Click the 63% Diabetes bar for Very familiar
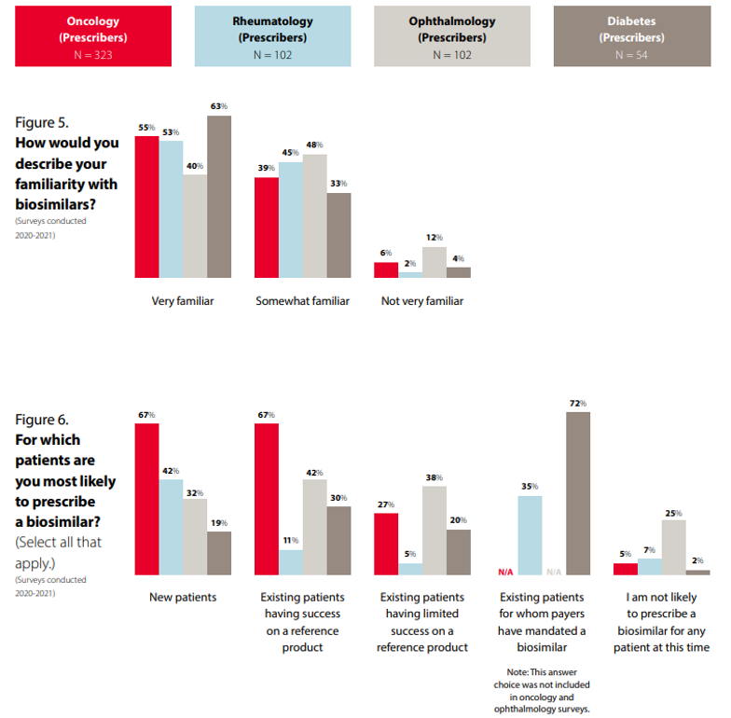tap(219, 197)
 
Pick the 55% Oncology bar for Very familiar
tap(146, 207)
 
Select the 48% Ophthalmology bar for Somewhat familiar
tap(315, 215)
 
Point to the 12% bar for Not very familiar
tap(434, 262)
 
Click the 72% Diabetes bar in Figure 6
tap(578, 493)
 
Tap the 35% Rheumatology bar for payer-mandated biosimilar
tap(530, 535)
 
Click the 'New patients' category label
tap(183, 597)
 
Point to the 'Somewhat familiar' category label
tap(302, 301)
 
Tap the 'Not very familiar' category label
tap(422, 301)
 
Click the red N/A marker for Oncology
tap(505, 572)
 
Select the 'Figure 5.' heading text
tap(41, 122)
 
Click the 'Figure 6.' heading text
tap(41, 420)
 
